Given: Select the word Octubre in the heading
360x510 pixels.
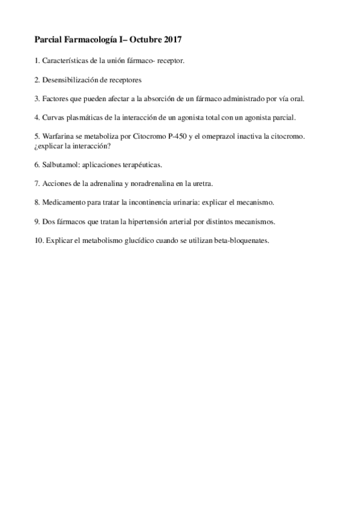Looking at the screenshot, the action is tap(143, 40).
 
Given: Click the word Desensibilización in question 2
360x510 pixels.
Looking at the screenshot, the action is tap(70, 80).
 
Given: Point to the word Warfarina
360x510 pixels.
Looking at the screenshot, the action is tap(59, 137).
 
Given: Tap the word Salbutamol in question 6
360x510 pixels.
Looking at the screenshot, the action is tap(60, 164).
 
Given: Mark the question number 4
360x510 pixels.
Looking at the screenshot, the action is tap(37, 118).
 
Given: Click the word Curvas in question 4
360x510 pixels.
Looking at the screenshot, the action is tap(53, 118).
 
